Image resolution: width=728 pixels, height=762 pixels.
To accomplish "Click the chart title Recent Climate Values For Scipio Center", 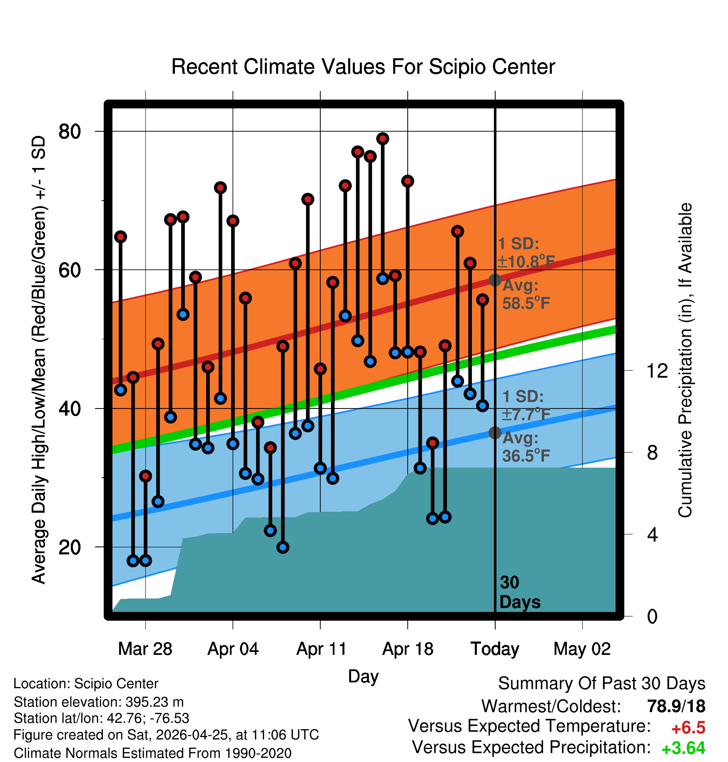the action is [363, 67].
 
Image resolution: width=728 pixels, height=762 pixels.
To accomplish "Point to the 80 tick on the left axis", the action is [70, 131].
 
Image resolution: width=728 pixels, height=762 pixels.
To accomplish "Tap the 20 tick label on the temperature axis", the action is [70, 547].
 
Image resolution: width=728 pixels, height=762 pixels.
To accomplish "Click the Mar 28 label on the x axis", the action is [145, 649].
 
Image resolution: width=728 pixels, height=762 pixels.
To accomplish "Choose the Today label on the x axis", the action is [495, 649].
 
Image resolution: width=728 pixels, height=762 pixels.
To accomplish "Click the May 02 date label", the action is [582, 649].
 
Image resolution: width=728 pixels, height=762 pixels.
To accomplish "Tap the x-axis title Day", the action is [363, 677].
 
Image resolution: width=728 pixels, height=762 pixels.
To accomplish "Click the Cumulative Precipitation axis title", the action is [685, 360].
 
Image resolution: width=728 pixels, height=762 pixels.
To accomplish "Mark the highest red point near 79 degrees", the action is [383, 138].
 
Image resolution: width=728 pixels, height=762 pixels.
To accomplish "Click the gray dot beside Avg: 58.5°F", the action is [495, 280].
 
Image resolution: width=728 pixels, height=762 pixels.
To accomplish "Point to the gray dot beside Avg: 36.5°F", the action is [495, 433].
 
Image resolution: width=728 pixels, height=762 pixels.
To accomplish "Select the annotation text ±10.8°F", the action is [526, 262].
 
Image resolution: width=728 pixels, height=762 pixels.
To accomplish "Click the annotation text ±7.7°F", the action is [526, 414].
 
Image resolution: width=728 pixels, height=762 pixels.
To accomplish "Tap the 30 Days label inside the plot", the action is [520, 592].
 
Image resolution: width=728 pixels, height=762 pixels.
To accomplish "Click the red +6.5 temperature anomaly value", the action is [688, 728].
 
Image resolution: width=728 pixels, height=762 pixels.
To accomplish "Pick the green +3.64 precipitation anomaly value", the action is [683, 748].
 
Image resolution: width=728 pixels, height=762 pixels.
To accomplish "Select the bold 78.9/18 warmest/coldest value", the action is [676, 706].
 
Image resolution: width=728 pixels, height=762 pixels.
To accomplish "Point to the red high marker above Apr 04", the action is [233, 221].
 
